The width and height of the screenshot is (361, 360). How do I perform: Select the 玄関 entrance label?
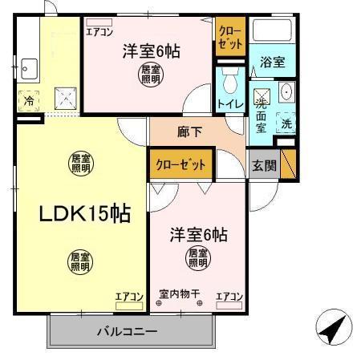click(x=264, y=166)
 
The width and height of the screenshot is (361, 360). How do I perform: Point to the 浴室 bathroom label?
click(x=272, y=61)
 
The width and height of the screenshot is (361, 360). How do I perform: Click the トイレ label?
click(x=229, y=104)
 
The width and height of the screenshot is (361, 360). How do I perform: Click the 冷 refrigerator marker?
click(x=28, y=102)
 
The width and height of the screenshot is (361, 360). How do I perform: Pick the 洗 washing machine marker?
click(x=286, y=124)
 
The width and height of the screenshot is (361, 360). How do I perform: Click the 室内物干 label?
click(x=180, y=293)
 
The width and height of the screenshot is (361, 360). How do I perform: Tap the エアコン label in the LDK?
click(x=129, y=297)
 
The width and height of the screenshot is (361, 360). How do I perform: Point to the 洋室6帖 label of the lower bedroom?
click(x=197, y=236)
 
